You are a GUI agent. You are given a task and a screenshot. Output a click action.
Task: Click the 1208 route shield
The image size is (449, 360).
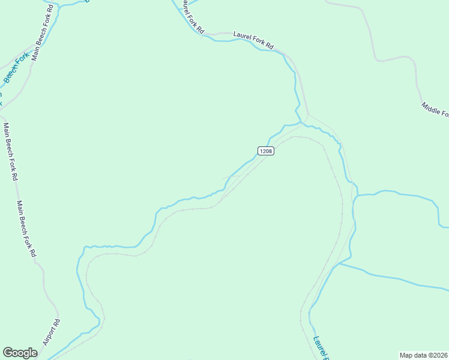coord(266,151)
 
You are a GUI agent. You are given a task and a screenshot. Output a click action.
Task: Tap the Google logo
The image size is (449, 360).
coord(20,353)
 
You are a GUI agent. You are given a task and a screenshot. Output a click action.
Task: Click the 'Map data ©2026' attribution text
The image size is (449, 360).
coord(423,355)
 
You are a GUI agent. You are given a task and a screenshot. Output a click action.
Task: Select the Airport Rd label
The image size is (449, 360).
coord(52,332)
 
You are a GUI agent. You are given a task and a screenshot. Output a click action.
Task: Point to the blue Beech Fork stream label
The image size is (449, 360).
coord(16,68)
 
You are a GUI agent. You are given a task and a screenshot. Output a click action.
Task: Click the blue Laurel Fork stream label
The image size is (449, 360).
coord(321,347)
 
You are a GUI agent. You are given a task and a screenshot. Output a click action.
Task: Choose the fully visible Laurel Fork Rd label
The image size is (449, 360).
coord(253,41)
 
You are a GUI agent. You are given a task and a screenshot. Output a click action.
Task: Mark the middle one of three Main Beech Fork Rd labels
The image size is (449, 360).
coord(11,152)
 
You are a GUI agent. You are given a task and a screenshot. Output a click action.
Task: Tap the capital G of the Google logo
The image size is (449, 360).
coord(8,353)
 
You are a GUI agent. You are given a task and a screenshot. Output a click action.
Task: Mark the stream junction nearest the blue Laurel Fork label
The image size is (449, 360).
coord(339,263)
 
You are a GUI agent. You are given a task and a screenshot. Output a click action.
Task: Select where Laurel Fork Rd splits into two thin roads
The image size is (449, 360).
coord(308,115)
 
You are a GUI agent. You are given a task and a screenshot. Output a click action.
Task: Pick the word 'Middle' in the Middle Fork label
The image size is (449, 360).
coord(430,106)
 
